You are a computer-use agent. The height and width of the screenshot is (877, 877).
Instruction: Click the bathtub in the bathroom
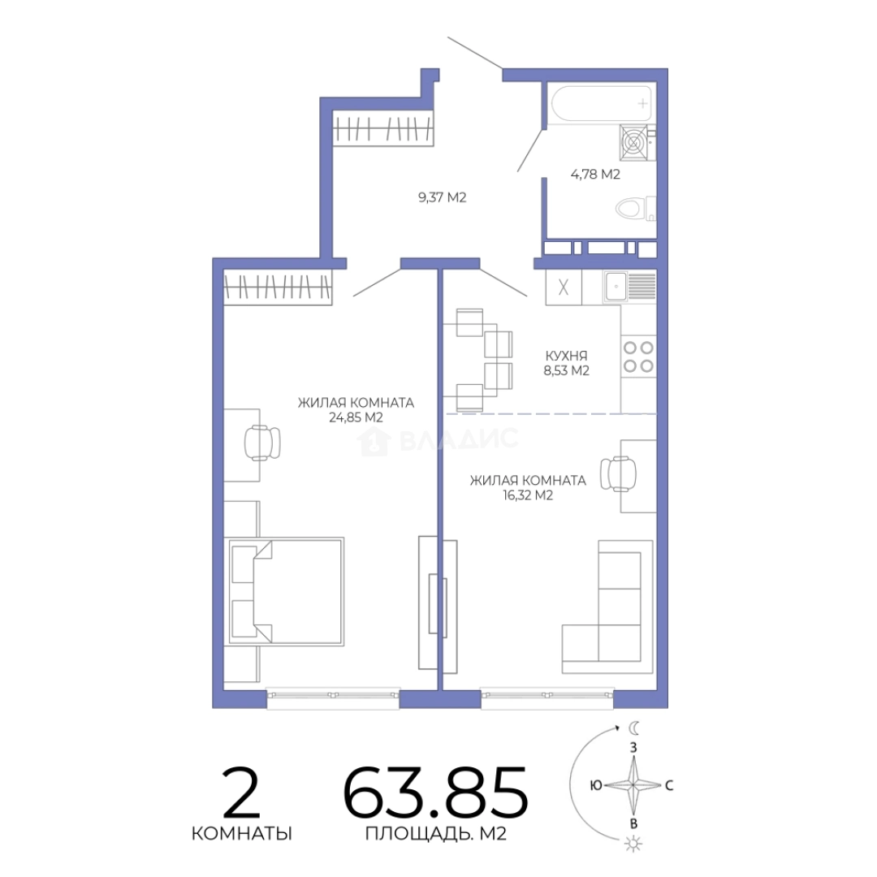[601, 103]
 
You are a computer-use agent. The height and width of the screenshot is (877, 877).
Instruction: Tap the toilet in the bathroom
[635, 210]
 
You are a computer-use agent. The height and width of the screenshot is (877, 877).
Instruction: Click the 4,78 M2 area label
[595, 174]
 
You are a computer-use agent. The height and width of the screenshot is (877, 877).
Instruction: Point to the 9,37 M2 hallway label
[442, 197]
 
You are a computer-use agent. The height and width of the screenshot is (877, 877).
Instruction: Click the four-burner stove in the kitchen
[638, 356]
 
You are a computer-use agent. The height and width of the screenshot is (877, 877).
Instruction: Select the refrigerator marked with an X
[564, 287]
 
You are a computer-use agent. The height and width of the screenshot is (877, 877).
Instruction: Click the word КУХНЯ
[566, 356]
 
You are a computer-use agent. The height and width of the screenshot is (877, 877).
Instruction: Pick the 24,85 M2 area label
[356, 417]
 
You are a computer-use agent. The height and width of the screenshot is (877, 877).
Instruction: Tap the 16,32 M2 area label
[528, 495]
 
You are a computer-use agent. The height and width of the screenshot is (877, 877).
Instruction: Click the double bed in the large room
[284, 591]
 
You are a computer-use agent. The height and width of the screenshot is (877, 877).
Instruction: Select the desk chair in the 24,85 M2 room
[262, 443]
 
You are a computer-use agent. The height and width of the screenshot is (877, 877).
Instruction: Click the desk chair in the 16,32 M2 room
[619, 474]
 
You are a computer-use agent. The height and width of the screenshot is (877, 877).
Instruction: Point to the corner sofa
[607, 607]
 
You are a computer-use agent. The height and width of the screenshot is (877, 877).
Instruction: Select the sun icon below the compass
[633, 843]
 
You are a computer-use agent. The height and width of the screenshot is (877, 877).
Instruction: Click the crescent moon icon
[633, 728]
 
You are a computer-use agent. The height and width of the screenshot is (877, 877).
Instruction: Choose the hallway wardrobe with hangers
[383, 128]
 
